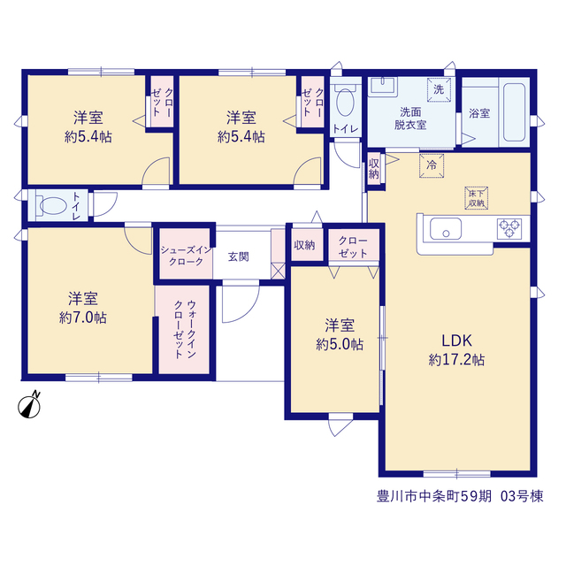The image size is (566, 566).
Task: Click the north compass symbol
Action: coord(29,406)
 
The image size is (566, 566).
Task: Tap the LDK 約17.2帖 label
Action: coord(456,350)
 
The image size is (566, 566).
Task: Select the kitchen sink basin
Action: coord(446,229)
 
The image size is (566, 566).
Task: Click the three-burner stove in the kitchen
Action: coord(509,229)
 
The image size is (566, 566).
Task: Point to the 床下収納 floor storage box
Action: coord(477,198)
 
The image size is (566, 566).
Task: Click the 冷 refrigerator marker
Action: coord(432,165)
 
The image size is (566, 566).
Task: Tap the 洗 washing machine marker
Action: coord(439,89)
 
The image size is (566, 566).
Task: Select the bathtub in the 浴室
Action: coord(514,112)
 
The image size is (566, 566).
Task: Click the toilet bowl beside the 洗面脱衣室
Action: coord(345,103)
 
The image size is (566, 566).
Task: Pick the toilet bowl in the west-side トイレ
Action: coord(53,206)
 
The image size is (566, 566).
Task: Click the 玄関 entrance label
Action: coord(238,257)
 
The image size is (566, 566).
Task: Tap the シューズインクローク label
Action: coord(186,256)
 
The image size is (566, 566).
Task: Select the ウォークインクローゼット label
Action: coord(185,329)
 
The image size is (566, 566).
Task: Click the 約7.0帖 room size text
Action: coord(82,318)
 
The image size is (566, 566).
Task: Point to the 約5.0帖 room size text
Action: coord(340,345)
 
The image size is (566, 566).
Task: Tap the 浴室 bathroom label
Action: coord(479,113)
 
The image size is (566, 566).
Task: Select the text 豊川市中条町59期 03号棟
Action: coord(460,496)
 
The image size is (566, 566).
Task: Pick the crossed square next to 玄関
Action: coord(278,272)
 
